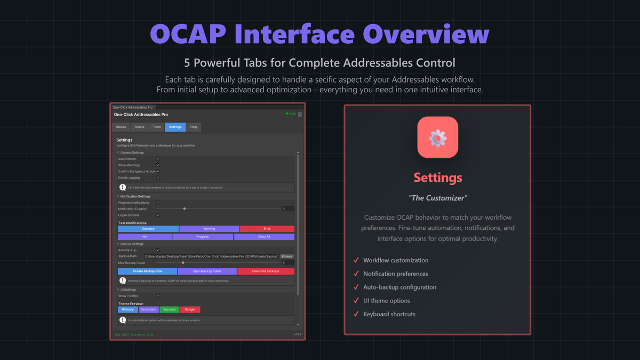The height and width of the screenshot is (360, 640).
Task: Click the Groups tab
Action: (121, 127)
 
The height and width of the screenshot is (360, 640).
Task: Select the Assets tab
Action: (139, 127)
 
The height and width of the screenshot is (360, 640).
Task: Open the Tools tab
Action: (157, 127)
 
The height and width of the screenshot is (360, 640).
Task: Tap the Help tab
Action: (194, 127)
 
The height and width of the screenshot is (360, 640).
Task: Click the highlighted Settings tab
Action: (175, 127)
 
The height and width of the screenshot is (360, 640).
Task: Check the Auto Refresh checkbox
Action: (158, 159)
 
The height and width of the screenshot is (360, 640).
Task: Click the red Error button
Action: (267, 229)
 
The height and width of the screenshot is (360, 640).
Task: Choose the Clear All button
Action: (264, 237)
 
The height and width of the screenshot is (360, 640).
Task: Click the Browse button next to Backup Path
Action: (287, 257)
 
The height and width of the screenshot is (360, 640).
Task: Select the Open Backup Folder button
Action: (207, 271)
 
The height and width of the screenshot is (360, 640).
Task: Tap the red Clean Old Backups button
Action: (266, 271)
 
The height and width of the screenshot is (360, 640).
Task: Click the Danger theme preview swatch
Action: (190, 309)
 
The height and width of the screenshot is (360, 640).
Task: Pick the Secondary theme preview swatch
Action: (148, 309)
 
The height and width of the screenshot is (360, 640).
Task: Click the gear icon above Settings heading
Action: (437, 138)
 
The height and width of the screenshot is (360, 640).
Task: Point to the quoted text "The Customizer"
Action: (437, 198)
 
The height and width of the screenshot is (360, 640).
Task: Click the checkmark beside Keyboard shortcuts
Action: (356, 314)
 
